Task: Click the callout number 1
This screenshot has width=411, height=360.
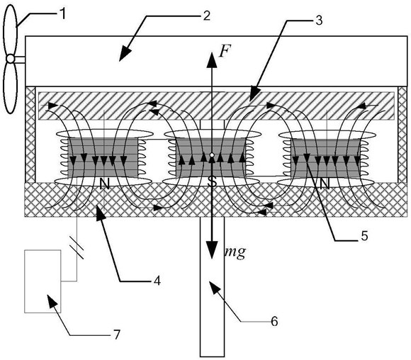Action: pyautogui.click(x=62, y=15)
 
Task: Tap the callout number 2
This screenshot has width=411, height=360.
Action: pyautogui.click(x=206, y=16)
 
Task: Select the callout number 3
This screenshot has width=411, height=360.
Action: pyautogui.click(x=319, y=20)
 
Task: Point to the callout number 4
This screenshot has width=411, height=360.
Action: pyautogui.click(x=157, y=281)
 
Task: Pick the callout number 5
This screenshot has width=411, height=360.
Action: pyautogui.click(x=364, y=236)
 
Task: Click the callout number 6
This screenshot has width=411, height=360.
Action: pyautogui.click(x=274, y=321)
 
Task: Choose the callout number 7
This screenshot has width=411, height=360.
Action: pyautogui.click(x=116, y=334)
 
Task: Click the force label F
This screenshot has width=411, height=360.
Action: pyautogui.click(x=225, y=51)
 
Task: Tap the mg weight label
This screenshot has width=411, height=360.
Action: pyautogui.click(x=235, y=252)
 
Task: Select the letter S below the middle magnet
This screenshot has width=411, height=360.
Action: pyautogui.click(x=212, y=182)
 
